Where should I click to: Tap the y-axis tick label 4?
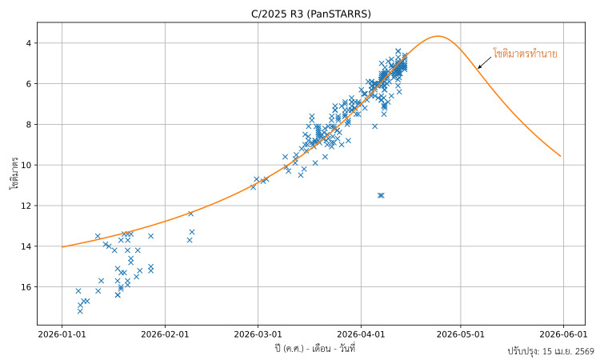pyautogui.click(x=29, y=43)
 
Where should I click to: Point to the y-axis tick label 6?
pyautogui.click(x=29, y=84)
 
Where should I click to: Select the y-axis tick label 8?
pyautogui.click(x=29, y=125)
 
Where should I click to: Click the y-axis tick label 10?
pyautogui.click(x=26, y=166)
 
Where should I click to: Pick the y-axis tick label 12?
pyautogui.click(x=26, y=206)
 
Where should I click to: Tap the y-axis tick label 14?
pyautogui.click(x=26, y=246)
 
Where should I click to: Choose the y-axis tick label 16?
pyautogui.click(x=26, y=287)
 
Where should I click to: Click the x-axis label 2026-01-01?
pyautogui.click(x=62, y=335)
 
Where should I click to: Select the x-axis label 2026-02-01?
pyautogui.click(x=166, y=335)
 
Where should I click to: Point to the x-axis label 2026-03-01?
pyautogui.click(x=258, y=335)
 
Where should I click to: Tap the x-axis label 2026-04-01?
pyautogui.click(x=361, y=335)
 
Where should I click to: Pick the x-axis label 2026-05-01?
pyautogui.click(x=461, y=335)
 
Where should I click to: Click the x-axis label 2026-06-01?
pyautogui.click(x=562, y=335)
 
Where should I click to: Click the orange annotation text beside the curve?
pyautogui.click(x=525, y=54)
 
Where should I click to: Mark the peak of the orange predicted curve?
pyautogui.click(x=438, y=36)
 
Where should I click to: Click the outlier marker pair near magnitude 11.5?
pyautogui.click(x=381, y=195)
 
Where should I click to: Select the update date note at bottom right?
pyautogui.click(x=550, y=351)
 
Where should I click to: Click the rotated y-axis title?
pyautogui.click(x=14, y=173)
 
